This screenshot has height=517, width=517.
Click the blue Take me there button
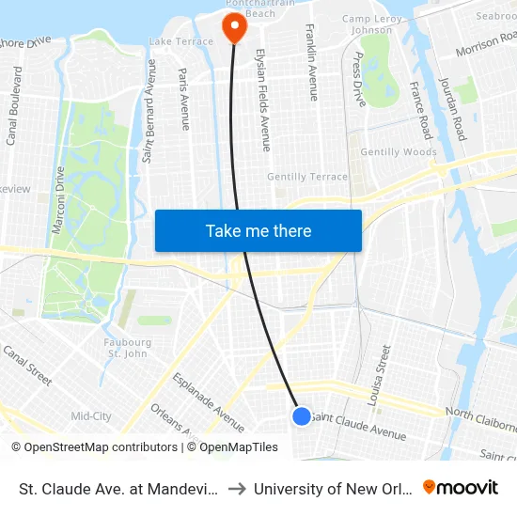pyautogui.click(x=258, y=230)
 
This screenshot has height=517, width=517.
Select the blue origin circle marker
pyautogui.click(x=302, y=415)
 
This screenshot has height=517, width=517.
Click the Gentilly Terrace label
pyautogui.click(x=307, y=177)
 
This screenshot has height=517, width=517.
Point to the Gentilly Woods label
pyautogui.click(x=400, y=151)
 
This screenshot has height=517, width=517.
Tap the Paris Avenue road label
pyautogui.click(x=183, y=99)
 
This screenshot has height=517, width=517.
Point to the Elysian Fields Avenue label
pyautogui.click(x=263, y=100)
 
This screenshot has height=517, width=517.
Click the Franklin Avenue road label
pyautogui.click(x=311, y=62)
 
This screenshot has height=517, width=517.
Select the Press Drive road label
pyautogui.click(x=358, y=79)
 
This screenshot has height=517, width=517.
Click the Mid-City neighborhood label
pyautogui.click(x=91, y=415)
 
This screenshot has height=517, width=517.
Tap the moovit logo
pyautogui.click(x=461, y=487)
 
